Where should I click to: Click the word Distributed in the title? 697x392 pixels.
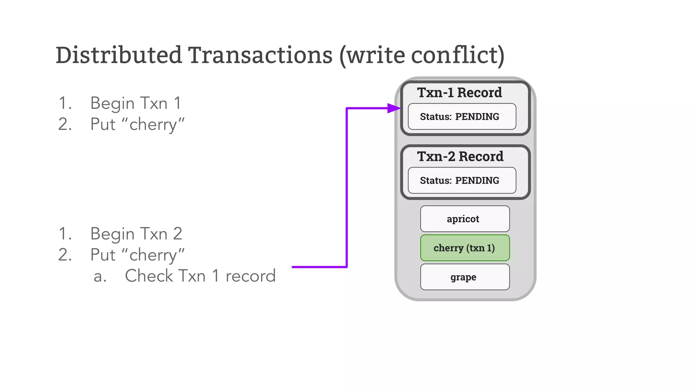click(119, 55)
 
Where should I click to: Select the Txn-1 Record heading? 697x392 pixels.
click(459, 93)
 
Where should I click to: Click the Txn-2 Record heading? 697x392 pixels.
click(460, 157)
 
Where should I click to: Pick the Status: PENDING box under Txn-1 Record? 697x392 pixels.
click(462, 117)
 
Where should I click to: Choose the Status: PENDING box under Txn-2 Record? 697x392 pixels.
click(462, 181)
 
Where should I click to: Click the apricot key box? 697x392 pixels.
click(465, 219)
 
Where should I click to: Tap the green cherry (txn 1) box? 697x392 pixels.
click(465, 248)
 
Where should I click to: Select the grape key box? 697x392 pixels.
click(465, 277)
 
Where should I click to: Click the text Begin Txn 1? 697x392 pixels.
click(135, 103)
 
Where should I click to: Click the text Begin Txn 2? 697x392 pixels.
click(136, 234)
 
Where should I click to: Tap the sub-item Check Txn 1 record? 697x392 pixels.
click(200, 276)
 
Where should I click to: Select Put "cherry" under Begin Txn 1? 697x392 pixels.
click(137, 124)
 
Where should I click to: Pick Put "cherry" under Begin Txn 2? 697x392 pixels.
click(137, 255)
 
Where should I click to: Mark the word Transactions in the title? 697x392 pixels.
click(260, 55)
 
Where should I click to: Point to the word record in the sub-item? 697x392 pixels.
click(250, 276)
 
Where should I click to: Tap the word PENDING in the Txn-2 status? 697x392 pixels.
click(477, 181)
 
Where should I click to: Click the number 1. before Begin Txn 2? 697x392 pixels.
click(65, 234)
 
